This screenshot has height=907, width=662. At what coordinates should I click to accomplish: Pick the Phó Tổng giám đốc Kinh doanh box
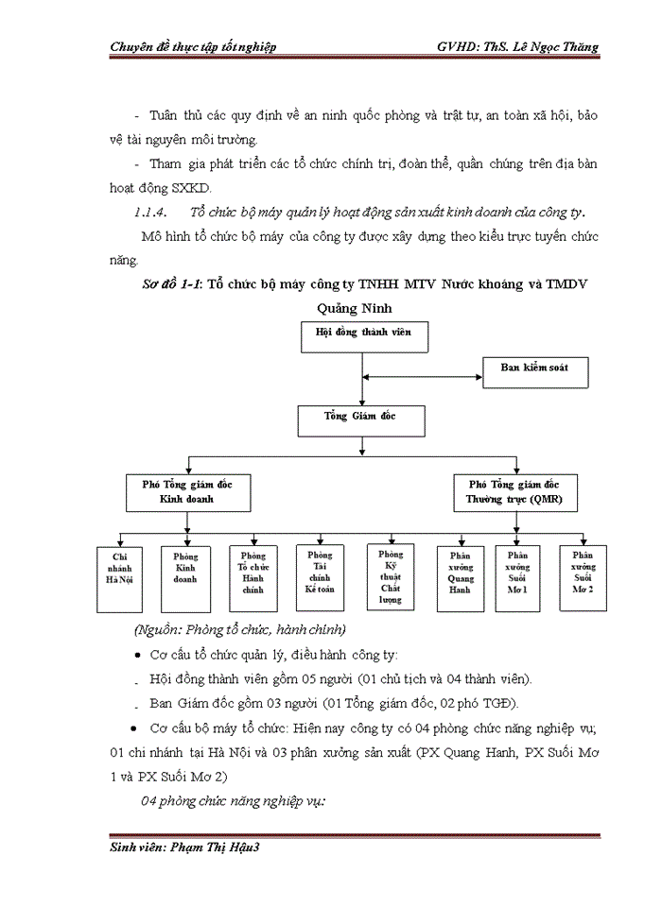[187, 491]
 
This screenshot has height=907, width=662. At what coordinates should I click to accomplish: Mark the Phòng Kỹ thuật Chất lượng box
[391, 575]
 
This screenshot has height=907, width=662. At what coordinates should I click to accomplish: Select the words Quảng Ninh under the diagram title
[354, 307]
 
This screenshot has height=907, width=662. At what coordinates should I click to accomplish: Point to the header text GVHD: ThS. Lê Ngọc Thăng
[516, 47]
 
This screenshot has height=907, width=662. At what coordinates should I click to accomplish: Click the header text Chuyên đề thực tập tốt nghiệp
[193, 47]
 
